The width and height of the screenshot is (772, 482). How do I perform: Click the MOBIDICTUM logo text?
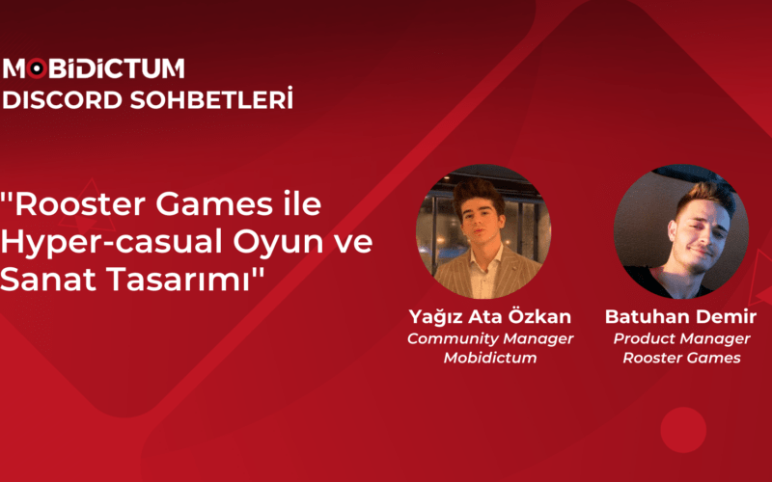pos(95,68)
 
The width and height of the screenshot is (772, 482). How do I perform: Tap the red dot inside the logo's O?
pos(36,68)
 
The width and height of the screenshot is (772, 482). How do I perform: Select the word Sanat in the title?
pos(44,281)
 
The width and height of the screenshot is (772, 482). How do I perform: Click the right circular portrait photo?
pos(681,231)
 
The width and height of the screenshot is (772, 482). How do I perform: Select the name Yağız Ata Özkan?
pos(489,317)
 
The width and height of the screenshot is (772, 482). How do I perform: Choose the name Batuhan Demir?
pos(681,317)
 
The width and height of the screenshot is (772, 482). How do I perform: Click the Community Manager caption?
pos(489,338)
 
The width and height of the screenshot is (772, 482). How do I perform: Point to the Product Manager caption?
pos(681,338)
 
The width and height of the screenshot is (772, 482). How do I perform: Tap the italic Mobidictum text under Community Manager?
pos(489,358)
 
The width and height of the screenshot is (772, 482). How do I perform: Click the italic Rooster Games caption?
pos(681,358)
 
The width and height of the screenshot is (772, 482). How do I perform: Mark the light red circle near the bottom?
pos(683,430)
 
